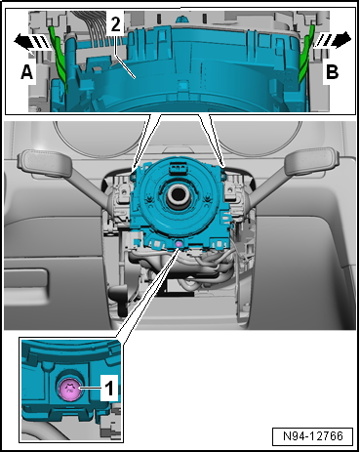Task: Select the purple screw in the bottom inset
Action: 70,390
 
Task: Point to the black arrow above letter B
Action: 335,41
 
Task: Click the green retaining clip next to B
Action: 305,59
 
